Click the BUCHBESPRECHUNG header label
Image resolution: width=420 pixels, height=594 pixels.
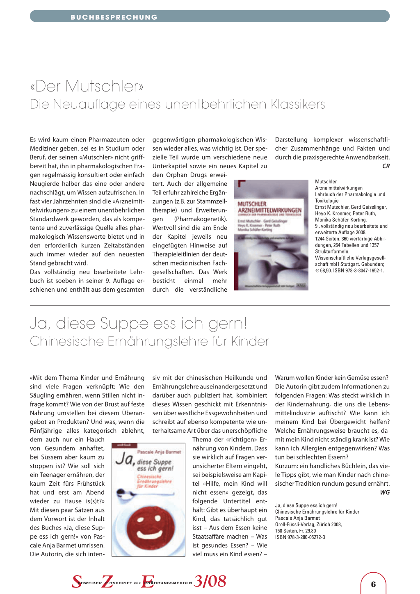coord(114,17)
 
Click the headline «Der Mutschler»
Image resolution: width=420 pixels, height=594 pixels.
coord(87,86)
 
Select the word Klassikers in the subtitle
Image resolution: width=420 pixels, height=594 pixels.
coord(298,104)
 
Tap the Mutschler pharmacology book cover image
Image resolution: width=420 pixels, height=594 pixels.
coord(271,235)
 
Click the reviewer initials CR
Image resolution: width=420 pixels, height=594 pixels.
coord(386,166)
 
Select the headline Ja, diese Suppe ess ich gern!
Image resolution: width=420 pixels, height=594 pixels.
coord(139,323)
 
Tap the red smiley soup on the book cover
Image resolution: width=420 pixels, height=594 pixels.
coord(147,523)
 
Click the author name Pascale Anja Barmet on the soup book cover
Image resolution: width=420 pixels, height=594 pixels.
coord(159,452)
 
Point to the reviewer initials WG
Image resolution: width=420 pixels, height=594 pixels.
coord(385,492)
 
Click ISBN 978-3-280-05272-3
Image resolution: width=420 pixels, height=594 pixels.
coord(300,537)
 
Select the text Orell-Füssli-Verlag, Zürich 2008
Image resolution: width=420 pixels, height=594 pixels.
coord(308,524)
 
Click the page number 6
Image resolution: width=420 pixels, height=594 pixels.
coord(373,584)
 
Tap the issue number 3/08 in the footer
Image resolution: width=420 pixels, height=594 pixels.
coord(210,581)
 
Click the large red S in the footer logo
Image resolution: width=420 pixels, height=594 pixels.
coord(77,581)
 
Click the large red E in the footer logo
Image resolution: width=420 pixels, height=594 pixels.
coord(147,581)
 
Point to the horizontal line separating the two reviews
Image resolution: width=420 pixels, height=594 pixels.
coord(210,305)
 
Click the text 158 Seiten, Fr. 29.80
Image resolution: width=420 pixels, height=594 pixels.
coord(295,531)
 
